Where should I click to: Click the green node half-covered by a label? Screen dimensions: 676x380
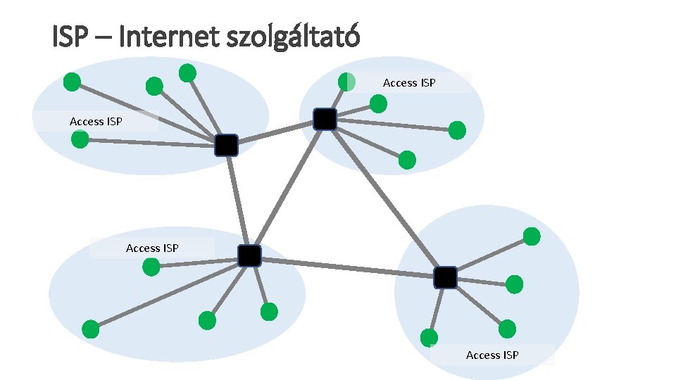tap(346, 82)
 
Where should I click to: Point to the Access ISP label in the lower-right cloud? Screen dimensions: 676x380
tap(492, 355)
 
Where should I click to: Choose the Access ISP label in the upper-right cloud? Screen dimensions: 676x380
tap(409, 83)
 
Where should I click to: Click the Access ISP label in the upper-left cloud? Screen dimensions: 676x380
tap(96, 122)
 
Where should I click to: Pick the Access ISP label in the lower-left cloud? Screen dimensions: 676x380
tap(152, 248)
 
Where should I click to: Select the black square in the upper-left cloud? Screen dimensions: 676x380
tap(227, 145)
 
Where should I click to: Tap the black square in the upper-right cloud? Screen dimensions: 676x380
tap(325, 120)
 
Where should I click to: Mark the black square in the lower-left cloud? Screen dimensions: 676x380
tap(249, 256)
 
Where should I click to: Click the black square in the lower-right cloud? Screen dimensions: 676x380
tap(445, 278)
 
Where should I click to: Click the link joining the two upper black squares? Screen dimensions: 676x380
tap(275, 132)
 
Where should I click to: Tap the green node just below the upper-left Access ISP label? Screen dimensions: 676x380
tap(80, 139)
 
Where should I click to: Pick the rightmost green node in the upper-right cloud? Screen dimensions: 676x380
tap(457, 130)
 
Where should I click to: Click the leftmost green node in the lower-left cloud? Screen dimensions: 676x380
tap(91, 329)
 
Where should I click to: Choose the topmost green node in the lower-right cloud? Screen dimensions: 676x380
tap(532, 236)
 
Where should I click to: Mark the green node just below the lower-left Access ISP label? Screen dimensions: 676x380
tap(151, 267)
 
